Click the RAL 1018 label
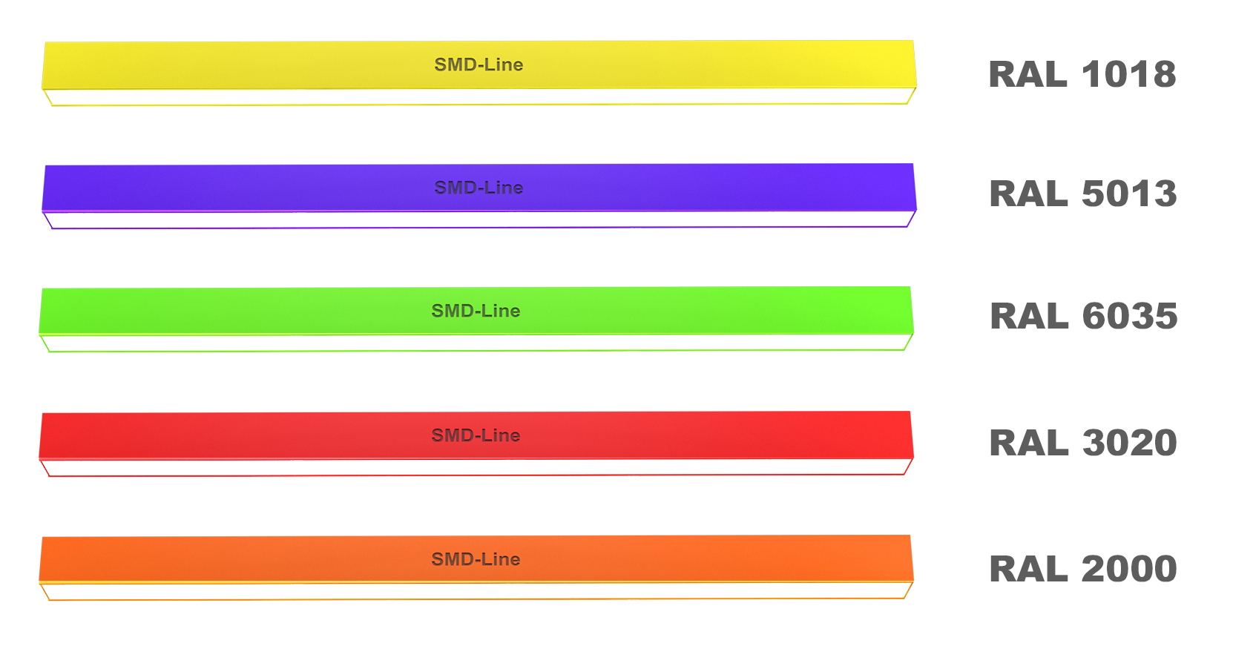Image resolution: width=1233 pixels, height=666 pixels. pos(1082,73)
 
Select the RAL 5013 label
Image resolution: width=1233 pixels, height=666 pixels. pos(1082,193)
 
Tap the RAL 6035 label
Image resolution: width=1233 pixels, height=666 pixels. pos(1083,316)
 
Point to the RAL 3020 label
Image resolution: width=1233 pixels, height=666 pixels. pos(1083,443)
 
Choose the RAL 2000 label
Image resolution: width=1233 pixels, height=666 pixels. pos(1083,569)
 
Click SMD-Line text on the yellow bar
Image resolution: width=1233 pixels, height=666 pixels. pos(479,65)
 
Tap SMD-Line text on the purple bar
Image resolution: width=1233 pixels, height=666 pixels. pos(479,188)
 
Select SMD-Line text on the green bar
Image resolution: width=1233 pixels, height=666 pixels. pos(476,311)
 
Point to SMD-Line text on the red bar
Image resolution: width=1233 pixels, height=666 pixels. pos(476,435)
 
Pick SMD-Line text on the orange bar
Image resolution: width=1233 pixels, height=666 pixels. pos(476,559)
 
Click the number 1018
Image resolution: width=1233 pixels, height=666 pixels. pos(1129,73)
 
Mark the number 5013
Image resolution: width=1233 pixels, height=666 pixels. pos(1130,193)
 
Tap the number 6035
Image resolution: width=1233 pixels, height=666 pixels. pos(1130,316)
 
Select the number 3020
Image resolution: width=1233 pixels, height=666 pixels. pos(1130,443)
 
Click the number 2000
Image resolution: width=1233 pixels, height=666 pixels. pos(1130,569)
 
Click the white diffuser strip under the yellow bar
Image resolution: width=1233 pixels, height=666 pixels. pos(479,96)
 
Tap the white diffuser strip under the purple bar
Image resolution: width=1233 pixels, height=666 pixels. pos(479,220)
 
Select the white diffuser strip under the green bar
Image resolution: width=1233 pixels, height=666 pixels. pos(476,343)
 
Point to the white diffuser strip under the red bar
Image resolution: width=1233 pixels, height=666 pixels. pos(476,467)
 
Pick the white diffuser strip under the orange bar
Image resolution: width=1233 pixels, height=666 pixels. pos(476,591)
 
